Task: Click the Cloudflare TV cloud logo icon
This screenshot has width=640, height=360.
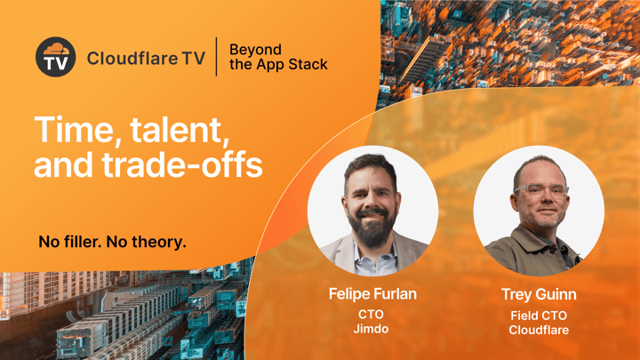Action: (x=55, y=57)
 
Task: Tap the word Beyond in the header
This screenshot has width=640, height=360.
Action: (x=255, y=49)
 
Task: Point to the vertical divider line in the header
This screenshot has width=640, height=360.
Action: (x=216, y=56)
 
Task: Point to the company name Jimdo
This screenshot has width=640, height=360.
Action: (x=371, y=330)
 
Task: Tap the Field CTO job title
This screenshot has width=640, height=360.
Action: (x=539, y=315)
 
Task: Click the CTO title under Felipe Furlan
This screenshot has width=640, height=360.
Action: (x=371, y=315)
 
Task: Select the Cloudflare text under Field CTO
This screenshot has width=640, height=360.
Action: (x=539, y=330)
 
